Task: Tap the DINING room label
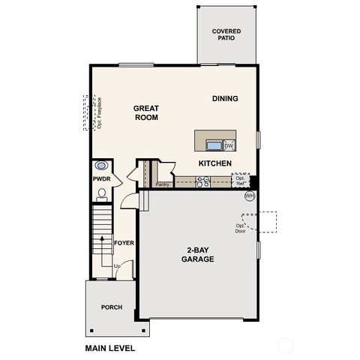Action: point(225,98)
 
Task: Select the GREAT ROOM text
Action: point(146,112)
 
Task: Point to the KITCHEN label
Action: point(214,163)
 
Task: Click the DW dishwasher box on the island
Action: point(229,145)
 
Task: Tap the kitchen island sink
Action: point(213,145)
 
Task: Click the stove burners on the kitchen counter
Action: point(202,181)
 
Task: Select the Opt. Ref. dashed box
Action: point(241,181)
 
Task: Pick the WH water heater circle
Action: point(250,196)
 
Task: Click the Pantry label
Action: point(161,184)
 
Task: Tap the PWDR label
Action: point(101,180)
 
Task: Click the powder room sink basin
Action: point(102,166)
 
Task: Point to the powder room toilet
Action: point(102,193)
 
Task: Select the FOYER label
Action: point(124,243)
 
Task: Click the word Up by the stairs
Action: point(117,266)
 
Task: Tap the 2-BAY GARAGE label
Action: point(197,254)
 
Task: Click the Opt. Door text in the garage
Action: point(241,228)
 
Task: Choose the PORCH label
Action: point(112,307)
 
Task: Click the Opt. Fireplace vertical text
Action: point(99,112)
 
